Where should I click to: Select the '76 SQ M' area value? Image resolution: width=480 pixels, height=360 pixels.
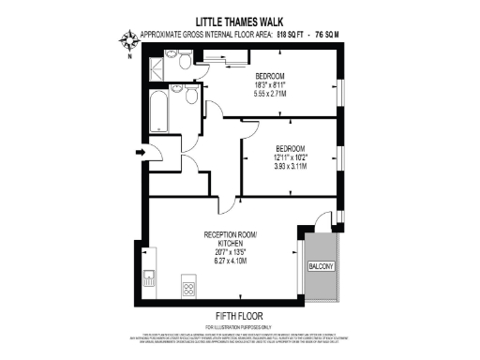click(x=324, y=34)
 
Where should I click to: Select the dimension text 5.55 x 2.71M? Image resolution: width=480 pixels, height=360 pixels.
click(x=270, y=95)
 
